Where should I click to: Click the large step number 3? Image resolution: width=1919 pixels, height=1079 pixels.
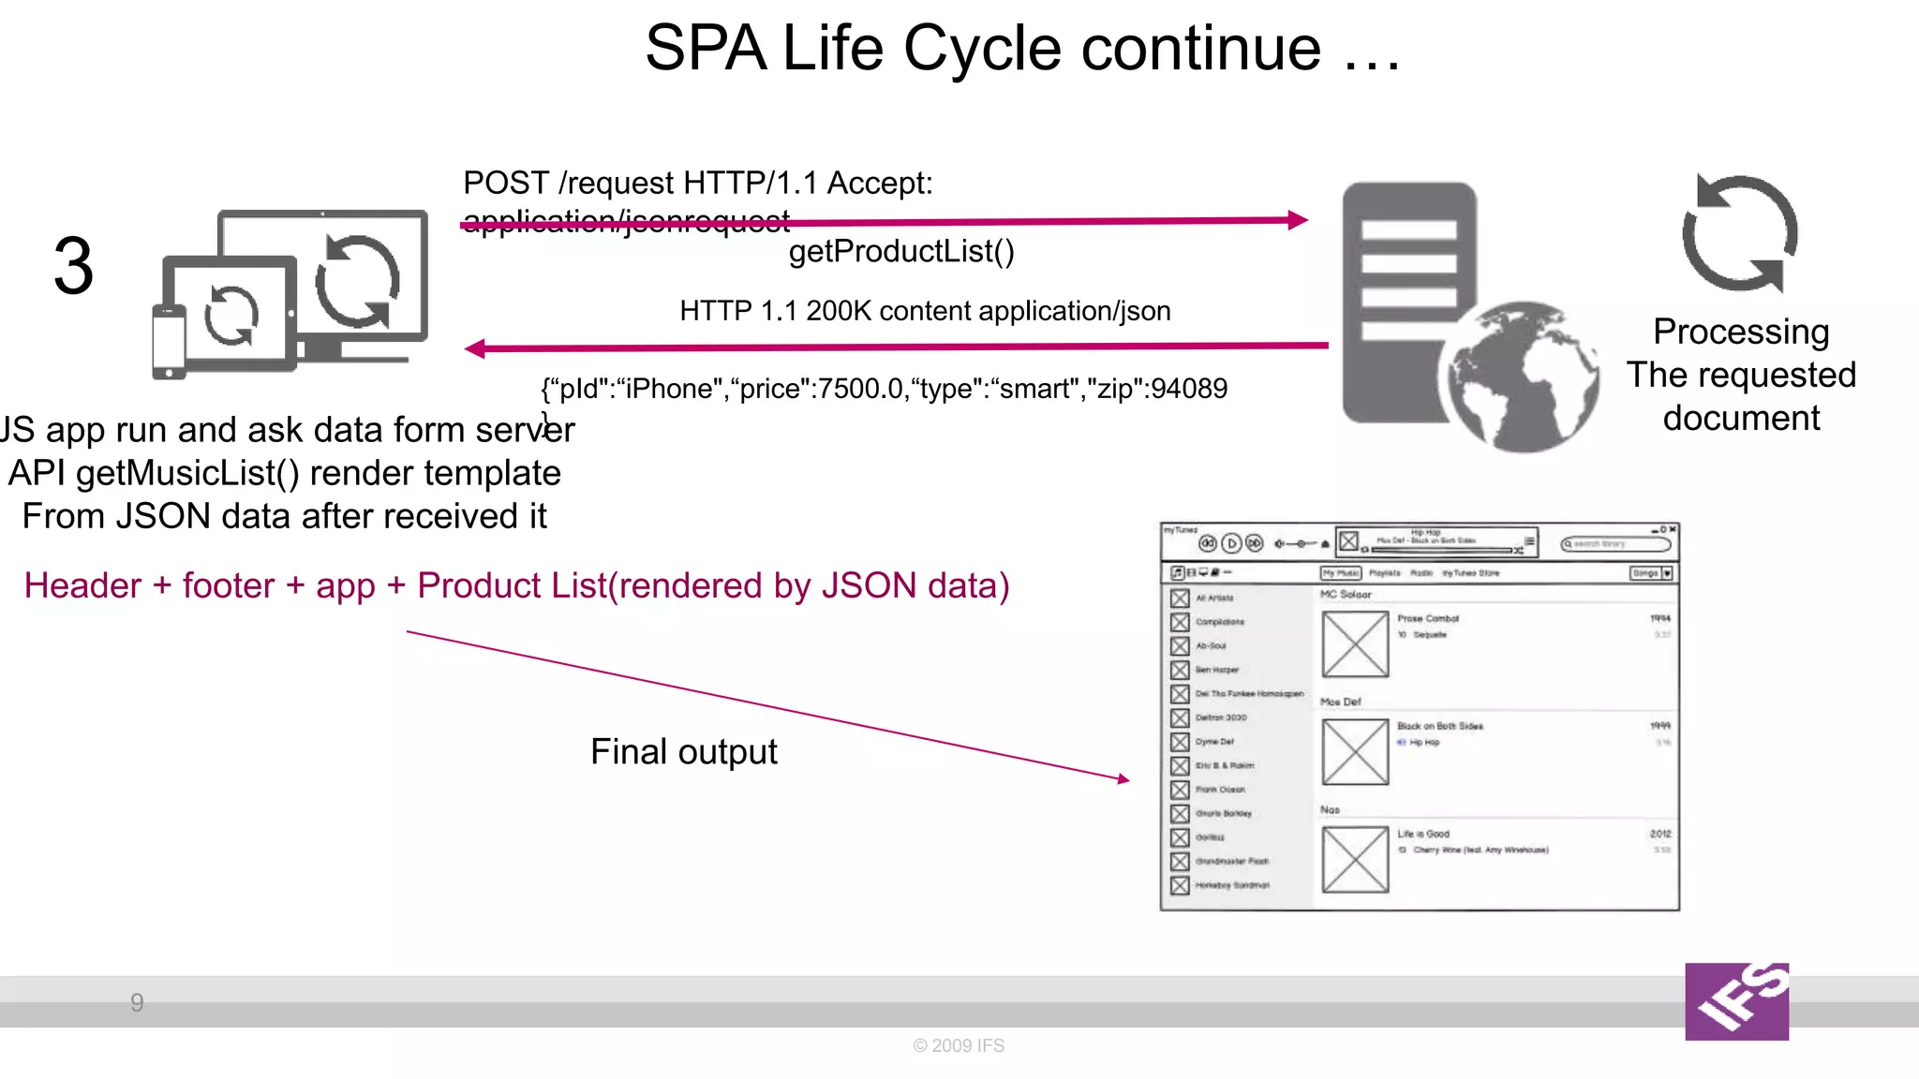pyautogui.click(x=73, y=267)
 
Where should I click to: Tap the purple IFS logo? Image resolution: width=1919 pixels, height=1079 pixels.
pyautogui.click(x=1736, y=1001)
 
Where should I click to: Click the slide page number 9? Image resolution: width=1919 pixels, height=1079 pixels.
pyautogui.click(x=137, y=1003)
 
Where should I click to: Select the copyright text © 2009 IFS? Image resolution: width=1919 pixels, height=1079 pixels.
pyautogui.click(x=959, y=1045)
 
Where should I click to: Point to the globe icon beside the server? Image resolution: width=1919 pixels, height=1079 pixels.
pyautogui.click(x=1522, y=377)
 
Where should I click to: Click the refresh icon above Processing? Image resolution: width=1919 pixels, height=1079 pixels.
pyautogui.click(x=1740, y=234)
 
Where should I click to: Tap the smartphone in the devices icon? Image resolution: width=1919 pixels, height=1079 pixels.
pyautogui.click(x=169, y=343)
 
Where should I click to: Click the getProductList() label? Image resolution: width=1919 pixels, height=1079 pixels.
pyautogui.click(x=901, y=251)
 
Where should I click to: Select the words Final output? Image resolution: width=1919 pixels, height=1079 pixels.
pyautogui.click(x=684, y=751)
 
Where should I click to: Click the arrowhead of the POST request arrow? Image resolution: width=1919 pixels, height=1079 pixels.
pyautogui.click(x=1299, y=220)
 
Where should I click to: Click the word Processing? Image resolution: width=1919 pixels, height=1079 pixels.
pyautogui.click(x=1741, y=332)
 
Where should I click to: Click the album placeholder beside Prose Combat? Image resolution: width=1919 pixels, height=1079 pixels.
pyautogui.click(x=1355, y=644)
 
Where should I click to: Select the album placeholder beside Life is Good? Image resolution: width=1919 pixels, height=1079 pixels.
pyautogui.click(x=1355, y=859)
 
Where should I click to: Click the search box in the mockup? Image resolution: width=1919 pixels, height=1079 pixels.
pyautogui.click(x=1615, y=543)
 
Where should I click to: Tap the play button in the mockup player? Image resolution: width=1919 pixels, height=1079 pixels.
pyautogui.click(x=1231, y=543)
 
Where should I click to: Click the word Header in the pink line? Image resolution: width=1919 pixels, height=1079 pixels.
pyautogui.click(x=83, y=585)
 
